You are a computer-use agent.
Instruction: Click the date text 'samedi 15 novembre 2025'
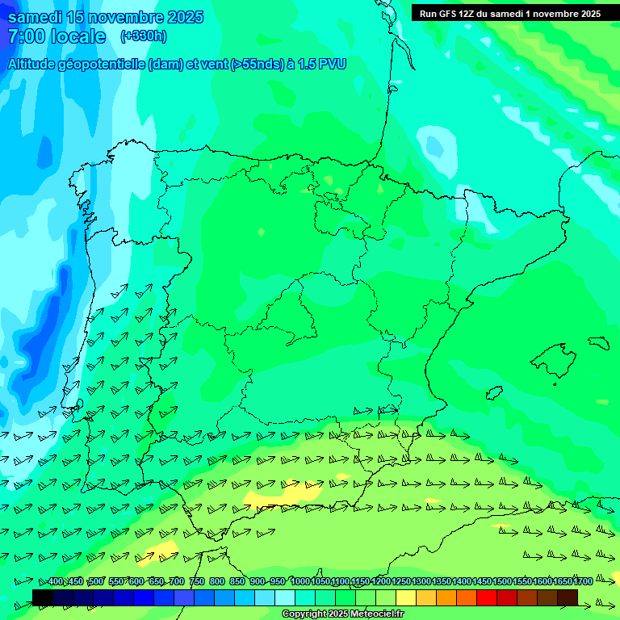click(106, 18)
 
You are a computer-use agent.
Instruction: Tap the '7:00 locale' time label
click(57, 36)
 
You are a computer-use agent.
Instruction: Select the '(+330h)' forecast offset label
click(144, 36)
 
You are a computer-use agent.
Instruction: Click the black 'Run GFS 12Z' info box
click(510, 14)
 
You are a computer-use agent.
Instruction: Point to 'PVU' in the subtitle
click(331, 65)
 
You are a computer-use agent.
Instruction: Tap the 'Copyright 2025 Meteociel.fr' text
click(342, 614)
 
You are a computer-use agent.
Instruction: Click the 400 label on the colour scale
click(55, 581)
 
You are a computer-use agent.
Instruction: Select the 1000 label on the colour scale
click(300, 581)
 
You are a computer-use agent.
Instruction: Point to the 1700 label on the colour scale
click(583, 581)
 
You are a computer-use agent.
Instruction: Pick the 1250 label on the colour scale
click(401, 581)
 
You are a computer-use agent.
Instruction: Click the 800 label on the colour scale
click(217, 581)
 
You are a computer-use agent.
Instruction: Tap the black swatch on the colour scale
click(43, 597)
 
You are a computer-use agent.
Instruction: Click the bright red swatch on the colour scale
click(487, 597)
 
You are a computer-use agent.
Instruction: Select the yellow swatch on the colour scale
click(406, 597)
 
